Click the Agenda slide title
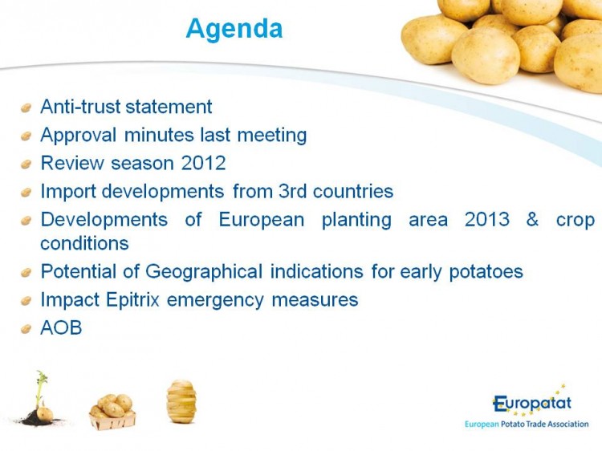234,29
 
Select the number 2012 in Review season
203,163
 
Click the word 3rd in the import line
292,191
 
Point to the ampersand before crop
532,219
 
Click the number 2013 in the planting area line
487,219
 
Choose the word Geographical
204,272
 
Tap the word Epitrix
132,300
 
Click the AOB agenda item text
61,327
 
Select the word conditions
84,243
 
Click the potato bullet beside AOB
26,329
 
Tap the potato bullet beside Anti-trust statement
26,108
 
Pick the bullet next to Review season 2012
26,165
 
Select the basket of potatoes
112,412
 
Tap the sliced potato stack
181,401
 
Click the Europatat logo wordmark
531,403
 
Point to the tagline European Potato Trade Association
527,425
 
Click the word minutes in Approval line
159,135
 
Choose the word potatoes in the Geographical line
486,272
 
